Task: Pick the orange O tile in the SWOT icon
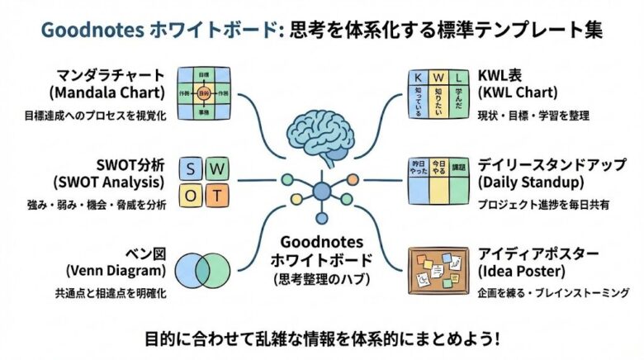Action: coord(191,197)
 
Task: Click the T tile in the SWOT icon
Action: coord(217,197)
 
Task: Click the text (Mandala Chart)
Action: coord(118,91)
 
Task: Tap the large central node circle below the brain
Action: coord(320,192)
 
